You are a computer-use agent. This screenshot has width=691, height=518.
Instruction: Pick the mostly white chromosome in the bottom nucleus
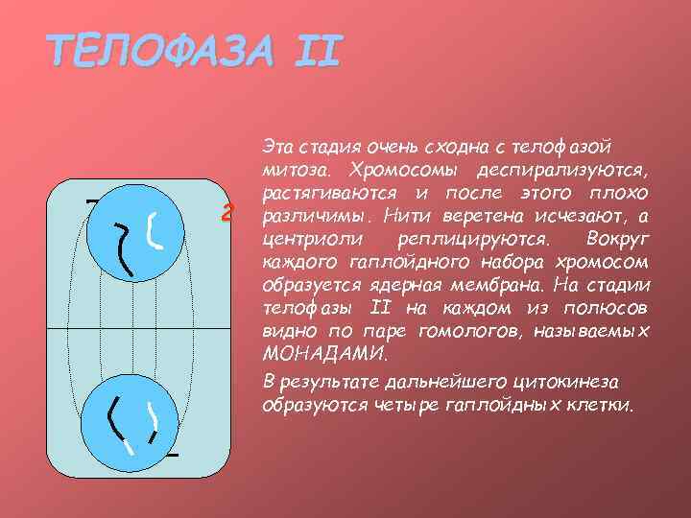(152, 423)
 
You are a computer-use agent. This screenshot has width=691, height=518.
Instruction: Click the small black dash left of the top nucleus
(91, 202)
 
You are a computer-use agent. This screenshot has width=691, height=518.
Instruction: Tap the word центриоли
(306, 239)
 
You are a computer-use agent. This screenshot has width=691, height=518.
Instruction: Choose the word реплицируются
(465, 239)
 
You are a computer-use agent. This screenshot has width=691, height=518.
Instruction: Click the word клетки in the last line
(603, 404)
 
